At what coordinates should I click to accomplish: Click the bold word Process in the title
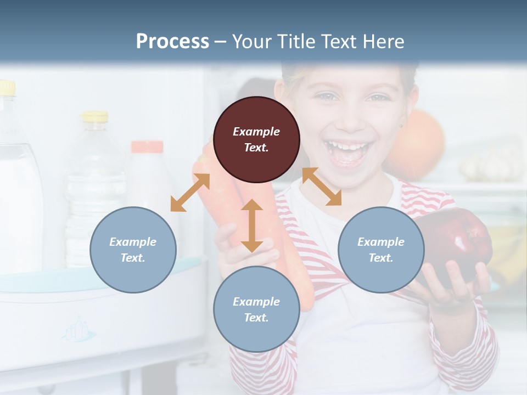(x=172, y=42)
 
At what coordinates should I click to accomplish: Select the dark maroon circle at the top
(x=256, y=140)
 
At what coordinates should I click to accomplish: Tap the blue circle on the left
(x=133, y=250)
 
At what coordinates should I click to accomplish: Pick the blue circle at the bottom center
(x=256, y=309)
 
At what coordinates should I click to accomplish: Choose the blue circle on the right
(x=380, y=250)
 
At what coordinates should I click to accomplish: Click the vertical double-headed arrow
(x=252, y=225)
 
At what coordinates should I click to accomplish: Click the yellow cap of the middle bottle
(x=95, y=116)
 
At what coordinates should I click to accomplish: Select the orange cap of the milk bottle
(x=147, y=146)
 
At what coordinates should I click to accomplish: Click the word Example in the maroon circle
(x=256, y=132)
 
